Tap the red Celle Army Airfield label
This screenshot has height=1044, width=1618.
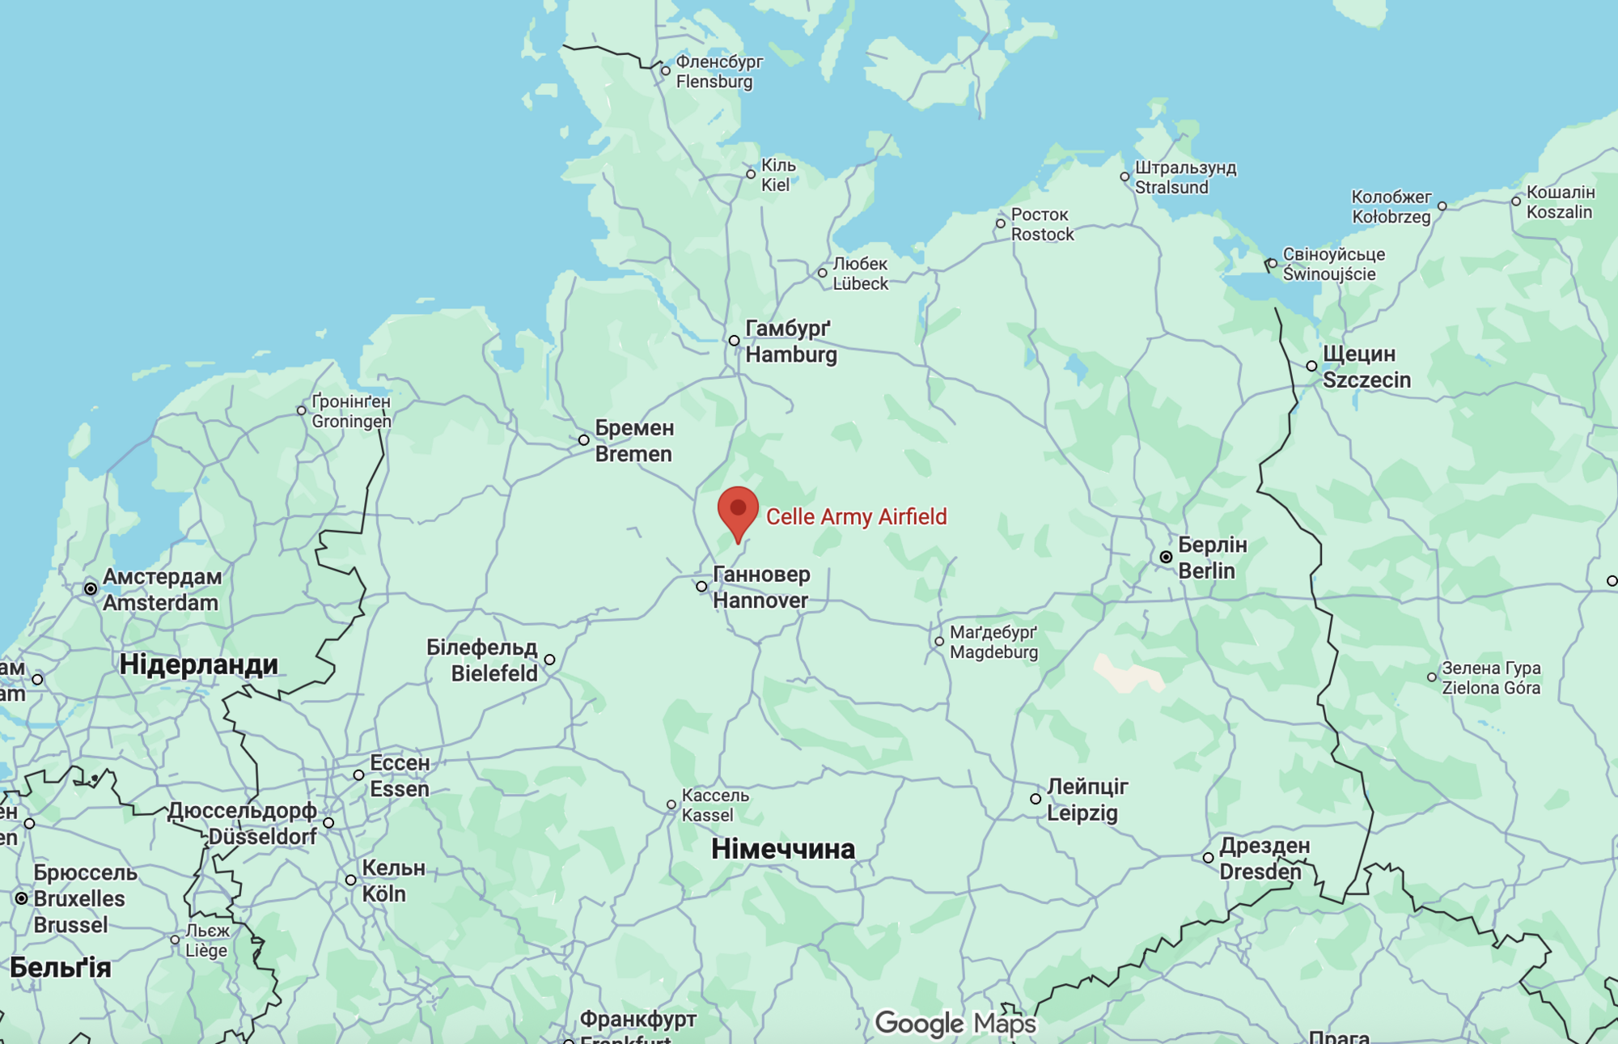pos(856,516)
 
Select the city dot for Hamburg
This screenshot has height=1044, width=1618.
pos(734,341)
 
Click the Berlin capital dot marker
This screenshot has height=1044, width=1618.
pos(1166,557)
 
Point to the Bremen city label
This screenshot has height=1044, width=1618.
pos(634,441)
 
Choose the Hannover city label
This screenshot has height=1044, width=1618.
pos(760,588)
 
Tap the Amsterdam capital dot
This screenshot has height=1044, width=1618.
pos(91,589)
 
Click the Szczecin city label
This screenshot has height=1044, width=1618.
pos(1366,367)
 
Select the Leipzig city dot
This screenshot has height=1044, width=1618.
pos(1036,799)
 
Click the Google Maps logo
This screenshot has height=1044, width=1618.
pos(955,1024)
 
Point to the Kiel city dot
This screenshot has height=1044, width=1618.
pos(751,174)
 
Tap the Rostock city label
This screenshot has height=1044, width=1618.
pos(1042,224)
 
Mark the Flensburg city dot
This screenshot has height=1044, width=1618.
pos(666,71)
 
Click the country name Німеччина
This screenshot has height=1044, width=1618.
pos(782,849)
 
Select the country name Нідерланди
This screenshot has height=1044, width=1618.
pos(198,664)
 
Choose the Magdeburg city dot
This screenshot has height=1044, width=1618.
pos(938,641)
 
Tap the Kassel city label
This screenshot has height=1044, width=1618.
pos(714,805)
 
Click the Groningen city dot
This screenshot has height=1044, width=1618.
pos(302,410)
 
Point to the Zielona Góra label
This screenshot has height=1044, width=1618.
pos(1491,678)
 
